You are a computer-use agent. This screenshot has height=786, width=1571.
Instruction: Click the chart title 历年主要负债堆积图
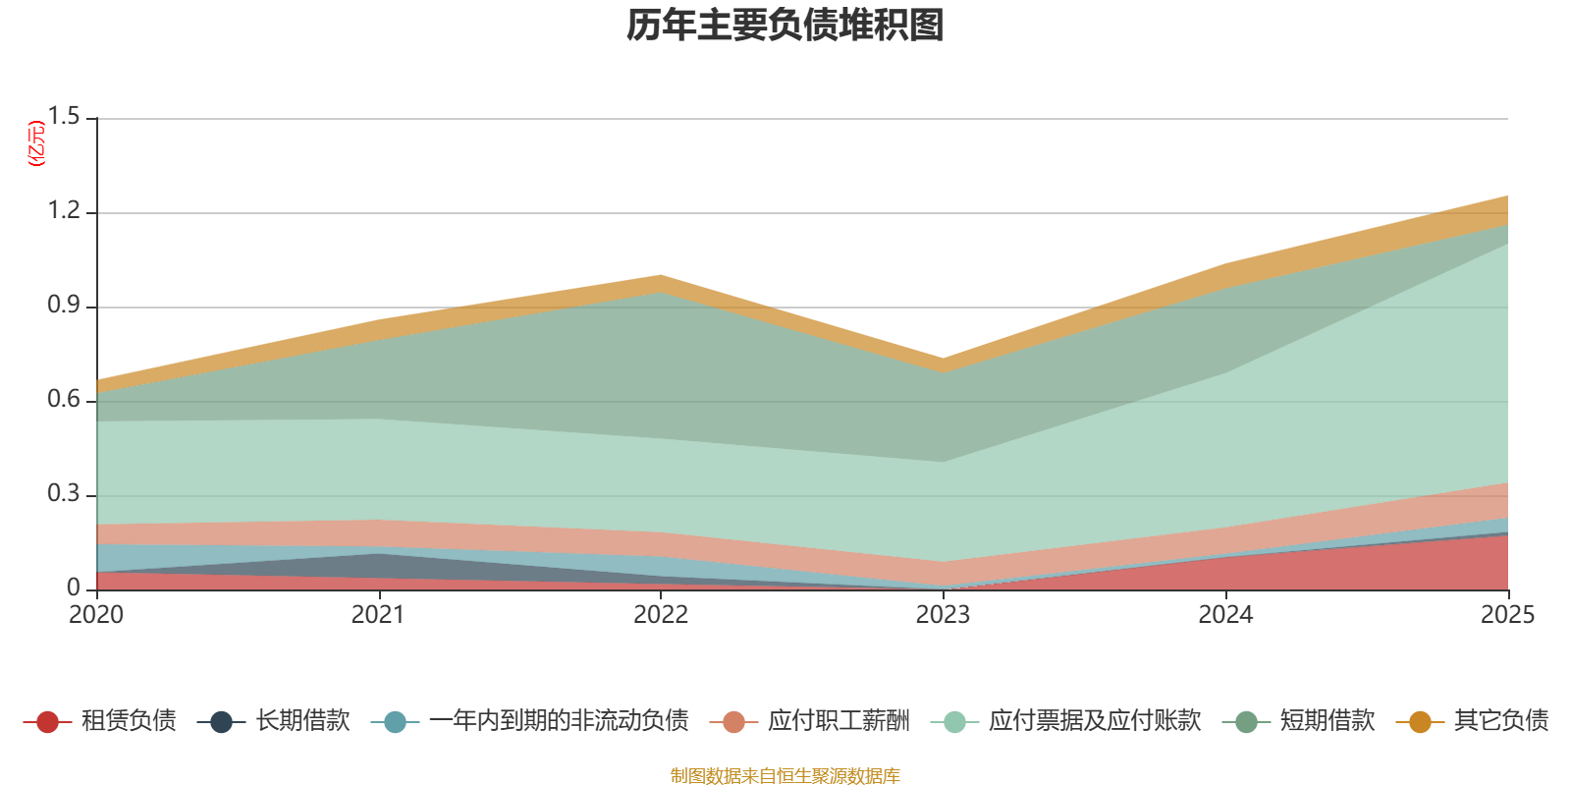coord(785,26)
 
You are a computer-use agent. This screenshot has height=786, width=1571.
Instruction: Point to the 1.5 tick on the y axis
coord(64,117)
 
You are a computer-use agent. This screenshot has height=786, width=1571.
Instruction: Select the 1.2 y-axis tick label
coord(64,210)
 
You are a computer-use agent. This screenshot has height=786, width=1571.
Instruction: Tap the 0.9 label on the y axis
coord(64,306)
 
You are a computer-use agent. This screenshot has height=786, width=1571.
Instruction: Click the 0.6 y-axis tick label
coord(64,399)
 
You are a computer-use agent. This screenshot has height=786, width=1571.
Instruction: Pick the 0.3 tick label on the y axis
coord(64,494)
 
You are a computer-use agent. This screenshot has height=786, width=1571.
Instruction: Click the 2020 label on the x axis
coord(96,615)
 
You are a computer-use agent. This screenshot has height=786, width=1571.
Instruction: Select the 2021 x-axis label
coord(379,615)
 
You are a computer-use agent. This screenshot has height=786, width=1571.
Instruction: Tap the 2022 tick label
coord(661,615)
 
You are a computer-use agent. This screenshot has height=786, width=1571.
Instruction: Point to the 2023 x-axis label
coord(944,615)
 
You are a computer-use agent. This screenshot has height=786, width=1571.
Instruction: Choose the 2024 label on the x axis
coord(1225,615)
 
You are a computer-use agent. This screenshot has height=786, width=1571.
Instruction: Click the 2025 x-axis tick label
coord(1508,615)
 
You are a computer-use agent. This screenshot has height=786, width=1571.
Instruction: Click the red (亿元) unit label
coord(35,143)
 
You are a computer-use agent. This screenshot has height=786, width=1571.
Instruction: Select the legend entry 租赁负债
coord(99,721)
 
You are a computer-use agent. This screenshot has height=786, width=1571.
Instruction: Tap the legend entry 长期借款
coord(274,721)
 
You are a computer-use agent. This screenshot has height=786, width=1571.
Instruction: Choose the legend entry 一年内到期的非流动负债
coord(529,721)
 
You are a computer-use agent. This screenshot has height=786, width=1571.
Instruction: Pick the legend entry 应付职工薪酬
coord(810,721)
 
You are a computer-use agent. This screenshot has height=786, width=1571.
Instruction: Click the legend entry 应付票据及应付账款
coord(1066,721)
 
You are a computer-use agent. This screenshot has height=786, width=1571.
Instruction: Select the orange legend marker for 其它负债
coord(1420,721)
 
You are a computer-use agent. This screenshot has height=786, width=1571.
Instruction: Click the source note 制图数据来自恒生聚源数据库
coord(785,775)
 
